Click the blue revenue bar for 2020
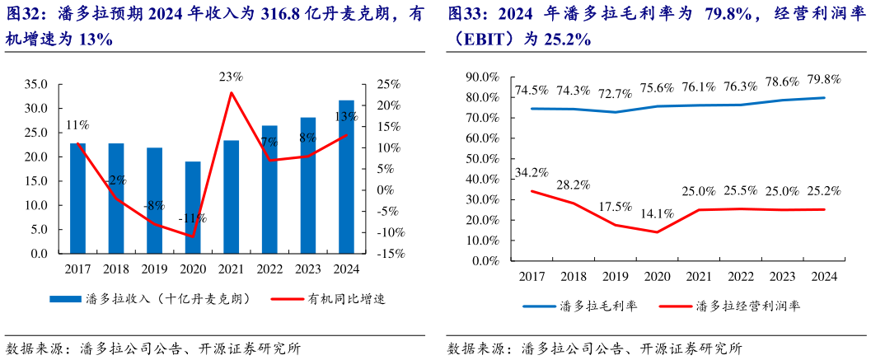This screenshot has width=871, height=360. pos(192,207)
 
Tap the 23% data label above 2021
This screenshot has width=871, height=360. pos(231,77)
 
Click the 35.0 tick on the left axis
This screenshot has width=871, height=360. pos(36,84)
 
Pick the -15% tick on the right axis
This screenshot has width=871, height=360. pos(391,255)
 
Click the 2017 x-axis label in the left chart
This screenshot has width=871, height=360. pos(77,269)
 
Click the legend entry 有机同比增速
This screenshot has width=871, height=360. pos(346,298)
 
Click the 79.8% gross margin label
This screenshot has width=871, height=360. pos(823,80)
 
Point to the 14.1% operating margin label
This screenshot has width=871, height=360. pos(657,213)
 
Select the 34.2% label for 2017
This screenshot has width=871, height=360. pos(531,173)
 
